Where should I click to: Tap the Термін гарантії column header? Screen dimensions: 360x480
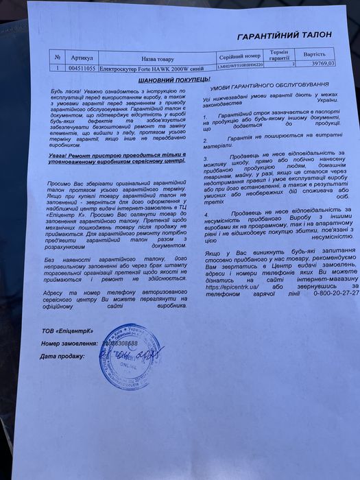point(279,55)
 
